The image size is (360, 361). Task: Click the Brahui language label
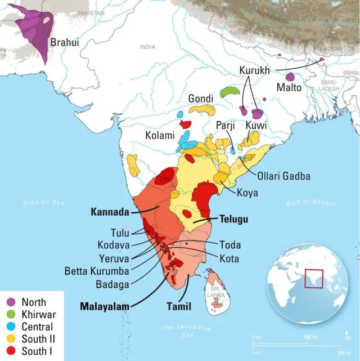[65, 42]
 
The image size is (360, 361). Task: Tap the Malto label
[289, 87]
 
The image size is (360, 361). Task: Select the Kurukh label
[254, 70]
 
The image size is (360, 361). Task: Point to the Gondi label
[201, 98]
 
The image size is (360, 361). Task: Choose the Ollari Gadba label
[283, 176]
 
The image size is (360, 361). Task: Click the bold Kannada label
[110, 212]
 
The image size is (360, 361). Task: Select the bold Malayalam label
[103, 306]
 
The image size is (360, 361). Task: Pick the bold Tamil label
[179, 307]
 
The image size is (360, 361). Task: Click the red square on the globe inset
[313, 278]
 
